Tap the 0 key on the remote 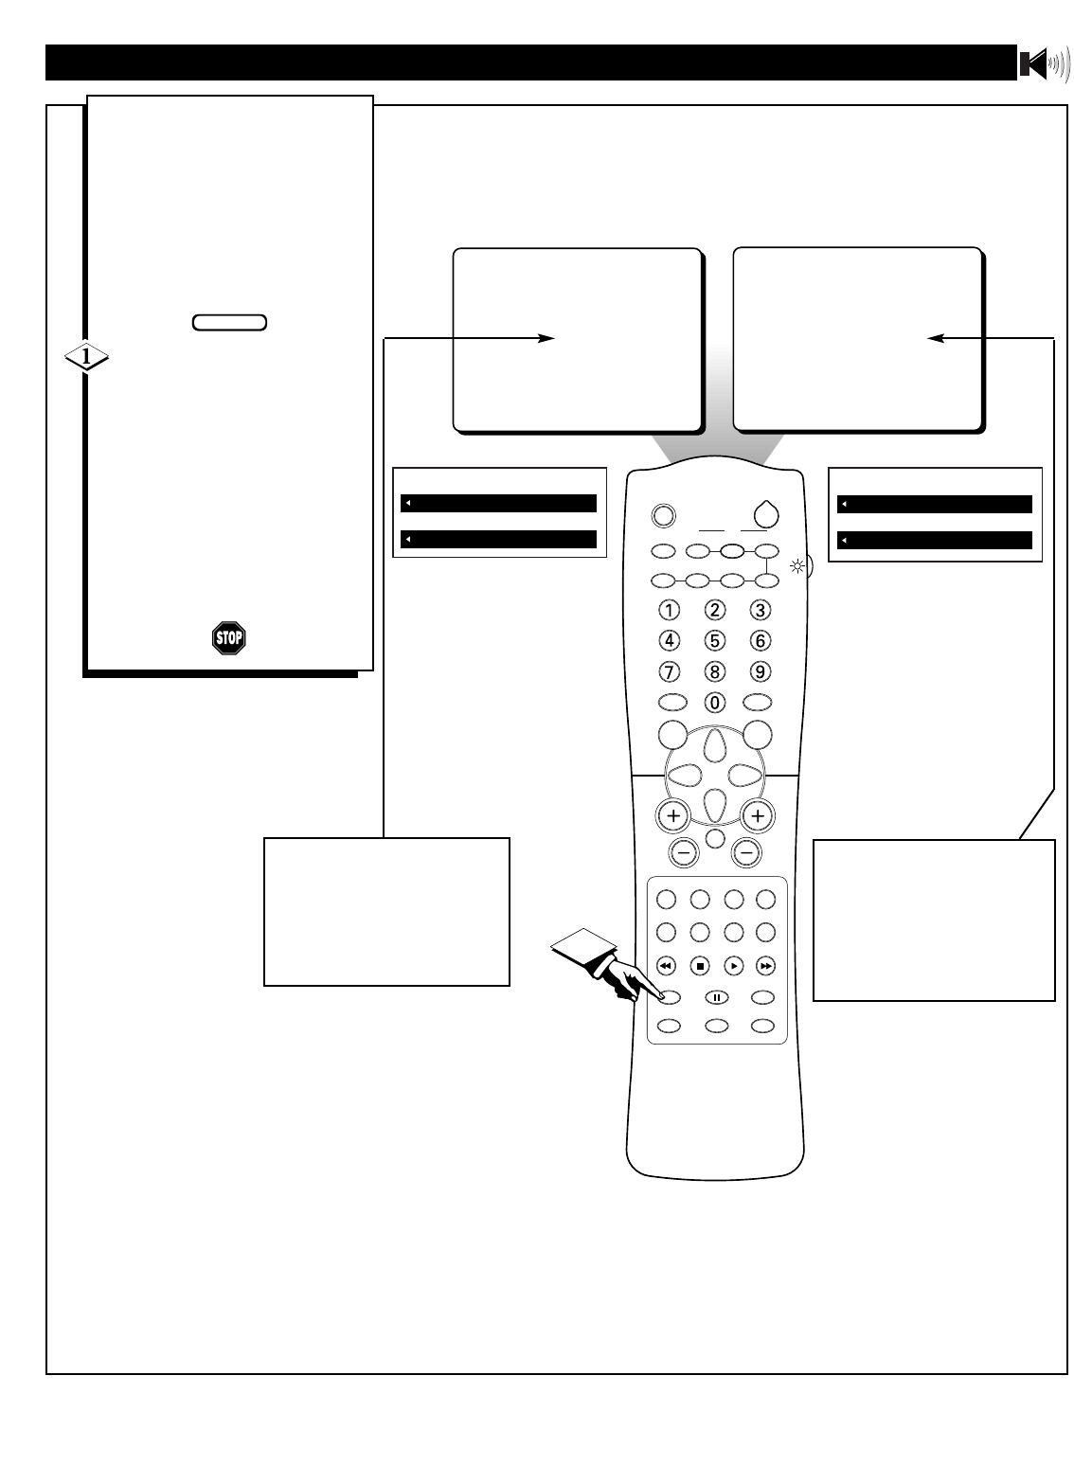click(x=716, y=703)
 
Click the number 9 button click(x=759, y=671)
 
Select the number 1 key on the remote click(x=670, y=609)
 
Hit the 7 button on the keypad click(x=670, y=671)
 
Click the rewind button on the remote click(x=666, y=967)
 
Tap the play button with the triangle click(x=733, y=967)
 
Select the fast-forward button click(x=766, y=967)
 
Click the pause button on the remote click(x=717, y=996)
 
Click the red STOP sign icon click(x=229, y=638)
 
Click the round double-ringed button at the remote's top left click(x=663, y=515)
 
